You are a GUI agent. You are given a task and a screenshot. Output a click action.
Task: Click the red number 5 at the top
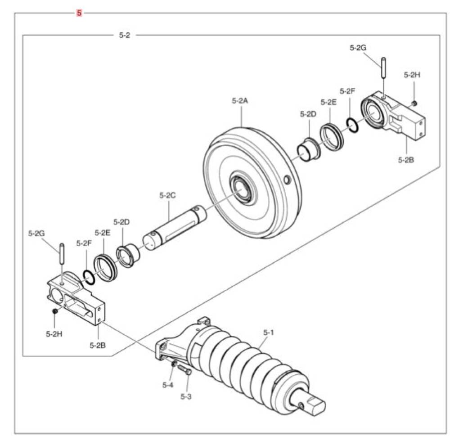click(x=79, y=13)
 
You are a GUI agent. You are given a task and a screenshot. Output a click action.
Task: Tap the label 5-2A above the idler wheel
click(x=240, y=101)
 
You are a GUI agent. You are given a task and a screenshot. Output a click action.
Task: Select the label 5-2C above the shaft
click(x=167, y=196)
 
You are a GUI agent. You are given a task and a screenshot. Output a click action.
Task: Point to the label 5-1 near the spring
click(x=268, y=333)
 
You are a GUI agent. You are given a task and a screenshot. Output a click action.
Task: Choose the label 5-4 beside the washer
click(x=167, y=385)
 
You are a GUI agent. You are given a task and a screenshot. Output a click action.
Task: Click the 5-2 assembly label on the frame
click(x=124, y=35)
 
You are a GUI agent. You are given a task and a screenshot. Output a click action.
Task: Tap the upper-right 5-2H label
click(x=412, y=75)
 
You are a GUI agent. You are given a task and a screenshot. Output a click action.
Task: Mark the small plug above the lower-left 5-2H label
click(x=54, y=311)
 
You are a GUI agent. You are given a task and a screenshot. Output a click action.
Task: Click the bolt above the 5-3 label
click(x=184, y=370)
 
